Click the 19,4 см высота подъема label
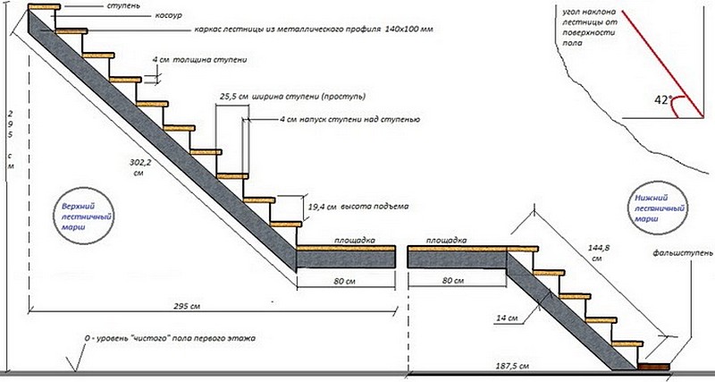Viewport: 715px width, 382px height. click(x=357, y=207)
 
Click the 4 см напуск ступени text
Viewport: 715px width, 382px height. click(x=343, y=119)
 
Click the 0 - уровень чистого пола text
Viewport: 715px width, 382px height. click(x=169, y=340)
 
